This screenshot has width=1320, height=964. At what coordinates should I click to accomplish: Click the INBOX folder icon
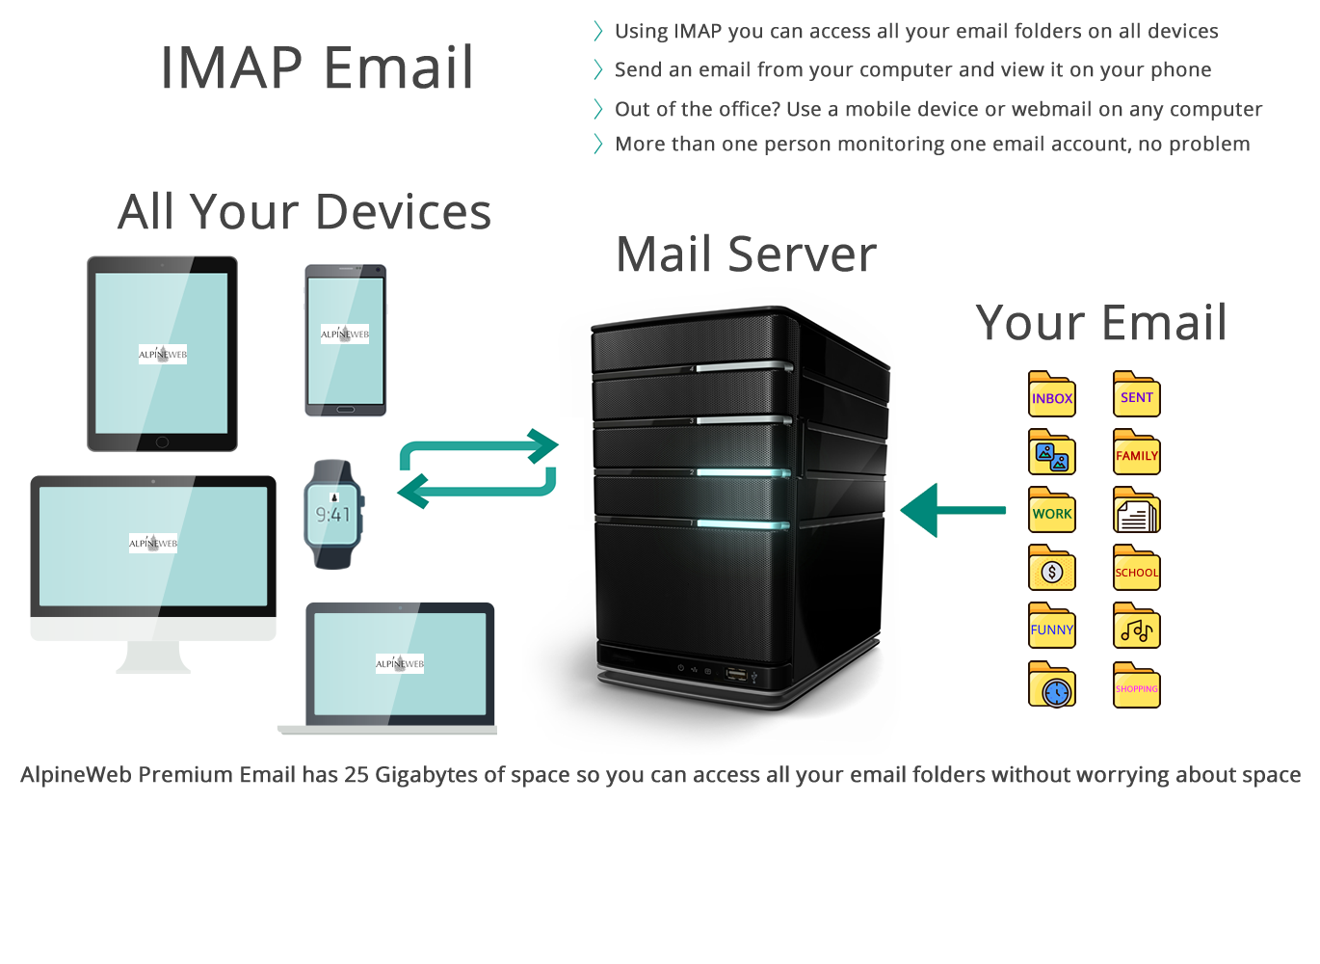1051,395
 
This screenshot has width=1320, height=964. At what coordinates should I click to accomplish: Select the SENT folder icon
1136,395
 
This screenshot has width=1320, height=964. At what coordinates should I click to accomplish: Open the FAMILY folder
1136,454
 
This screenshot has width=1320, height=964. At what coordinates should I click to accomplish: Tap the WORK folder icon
1051,512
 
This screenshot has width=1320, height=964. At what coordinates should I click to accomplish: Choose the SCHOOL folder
1136,570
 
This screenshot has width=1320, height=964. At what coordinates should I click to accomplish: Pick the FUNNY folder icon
1051,628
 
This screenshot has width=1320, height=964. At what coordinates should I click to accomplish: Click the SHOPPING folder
1136,686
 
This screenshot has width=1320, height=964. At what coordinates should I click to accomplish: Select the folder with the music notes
1136,628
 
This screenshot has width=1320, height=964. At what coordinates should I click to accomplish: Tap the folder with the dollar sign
1051,570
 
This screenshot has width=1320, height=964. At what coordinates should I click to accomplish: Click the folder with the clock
1051,686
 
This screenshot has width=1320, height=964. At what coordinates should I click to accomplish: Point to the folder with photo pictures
1051,454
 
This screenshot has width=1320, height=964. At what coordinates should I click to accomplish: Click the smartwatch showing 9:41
333,514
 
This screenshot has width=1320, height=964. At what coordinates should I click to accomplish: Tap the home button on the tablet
162,442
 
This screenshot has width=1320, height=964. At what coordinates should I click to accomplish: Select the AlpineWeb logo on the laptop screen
399,663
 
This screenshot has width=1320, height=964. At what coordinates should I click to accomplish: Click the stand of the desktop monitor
153,657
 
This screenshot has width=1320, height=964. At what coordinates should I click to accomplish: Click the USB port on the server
735,672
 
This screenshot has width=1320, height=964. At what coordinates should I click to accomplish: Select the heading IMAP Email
316,67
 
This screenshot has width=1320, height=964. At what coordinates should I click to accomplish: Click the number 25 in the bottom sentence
356,775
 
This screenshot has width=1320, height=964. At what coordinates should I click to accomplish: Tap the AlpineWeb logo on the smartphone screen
345,335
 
